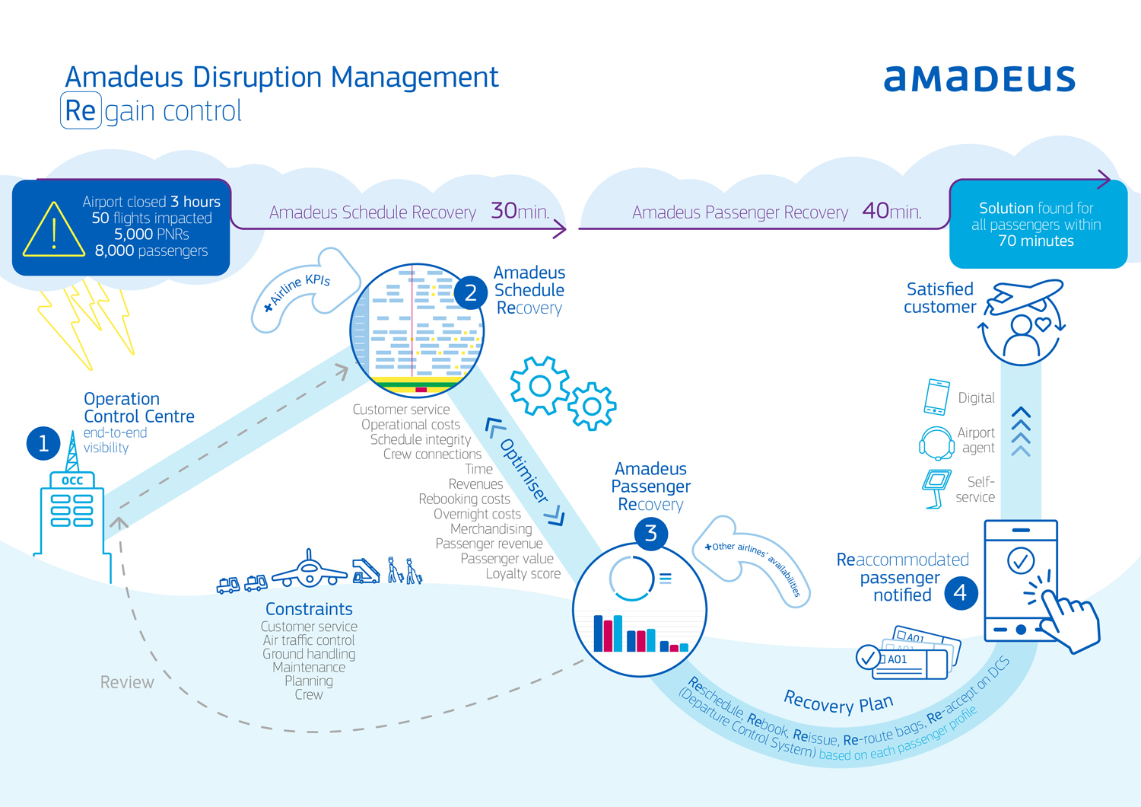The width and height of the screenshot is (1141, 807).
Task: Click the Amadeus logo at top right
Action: pos(979,79)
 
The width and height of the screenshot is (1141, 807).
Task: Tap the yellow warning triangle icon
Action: pos(54,231)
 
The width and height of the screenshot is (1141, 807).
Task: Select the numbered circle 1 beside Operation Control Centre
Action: pos(43,444)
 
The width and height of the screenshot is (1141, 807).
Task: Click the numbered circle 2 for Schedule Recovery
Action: pos(470,292)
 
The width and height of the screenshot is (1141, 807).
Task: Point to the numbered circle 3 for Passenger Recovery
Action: pos(650,534)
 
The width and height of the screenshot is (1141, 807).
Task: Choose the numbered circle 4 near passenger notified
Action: pos(961,592)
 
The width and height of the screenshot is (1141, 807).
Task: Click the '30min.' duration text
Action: pos(520,211)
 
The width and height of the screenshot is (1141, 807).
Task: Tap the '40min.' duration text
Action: pos(892,211)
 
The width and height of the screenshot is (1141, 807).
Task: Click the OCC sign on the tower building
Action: pos(72,480)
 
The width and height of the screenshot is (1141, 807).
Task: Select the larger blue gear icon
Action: pos(539,386)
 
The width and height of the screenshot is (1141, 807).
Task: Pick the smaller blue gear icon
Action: pos(592,406)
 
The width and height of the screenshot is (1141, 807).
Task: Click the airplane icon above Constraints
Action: pos(309,570)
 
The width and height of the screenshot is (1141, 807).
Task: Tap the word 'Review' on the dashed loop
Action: pos(127,682)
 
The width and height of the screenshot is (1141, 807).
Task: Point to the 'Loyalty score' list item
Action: pos(523,574)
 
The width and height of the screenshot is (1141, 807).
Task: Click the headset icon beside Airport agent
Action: pos(936,442)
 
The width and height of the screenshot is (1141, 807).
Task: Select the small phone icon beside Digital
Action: pos(937,397)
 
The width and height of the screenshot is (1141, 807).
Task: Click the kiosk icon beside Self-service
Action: pos(936,487)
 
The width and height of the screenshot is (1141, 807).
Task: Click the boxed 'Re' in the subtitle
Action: pos(81,111)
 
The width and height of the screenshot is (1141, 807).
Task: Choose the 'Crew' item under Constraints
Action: pos(309,694)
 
